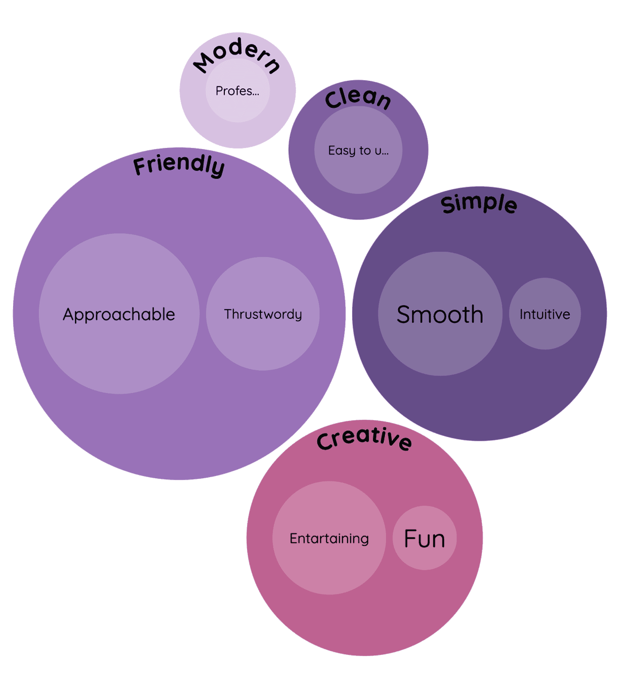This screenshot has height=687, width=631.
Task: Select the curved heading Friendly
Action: click(179, 165)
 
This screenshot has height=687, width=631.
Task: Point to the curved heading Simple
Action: click(479, 203)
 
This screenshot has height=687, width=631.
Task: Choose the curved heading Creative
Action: click(364, 439)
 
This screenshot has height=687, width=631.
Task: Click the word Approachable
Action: click(119, 315)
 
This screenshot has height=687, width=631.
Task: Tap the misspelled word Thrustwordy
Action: click(263, 314)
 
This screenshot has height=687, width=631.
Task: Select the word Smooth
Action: click(440, 315)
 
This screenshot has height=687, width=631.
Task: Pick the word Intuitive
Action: click(545, 315)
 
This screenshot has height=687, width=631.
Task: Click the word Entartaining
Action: click(329, 538)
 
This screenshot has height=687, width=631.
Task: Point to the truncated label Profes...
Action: click(237, 91)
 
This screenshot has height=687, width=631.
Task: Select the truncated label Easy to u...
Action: click(358, 150)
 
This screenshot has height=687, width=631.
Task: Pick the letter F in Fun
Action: click(411, 538)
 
